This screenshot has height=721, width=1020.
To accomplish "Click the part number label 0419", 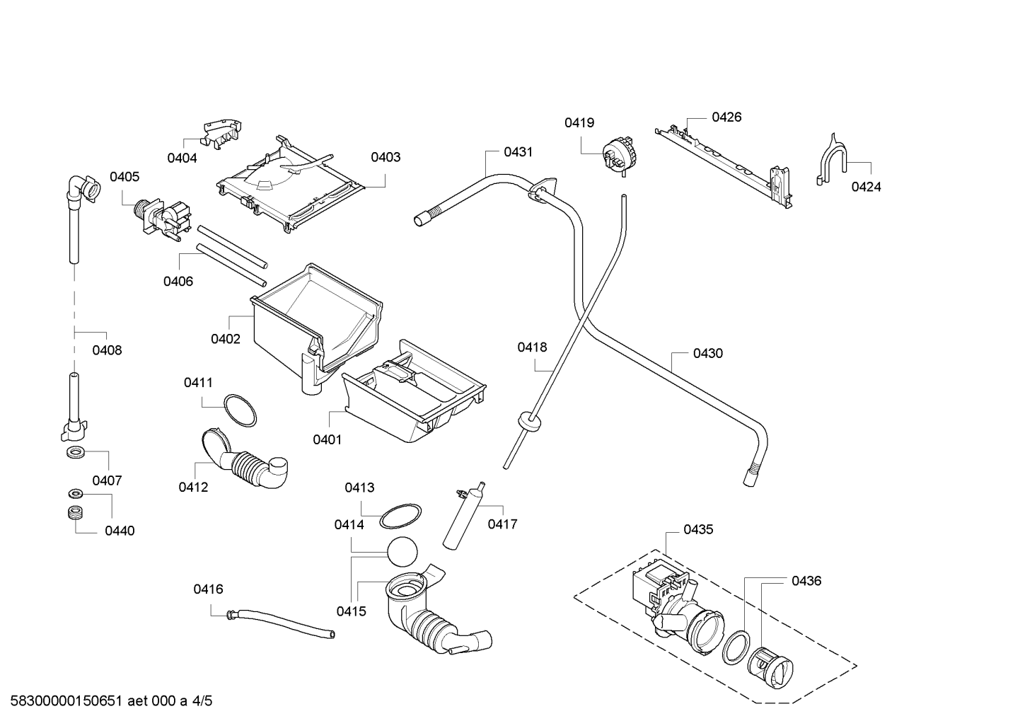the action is (579, 122).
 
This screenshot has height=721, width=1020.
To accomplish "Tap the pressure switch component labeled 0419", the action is (618, 156).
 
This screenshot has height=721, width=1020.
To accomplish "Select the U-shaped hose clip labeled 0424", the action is (832, 159).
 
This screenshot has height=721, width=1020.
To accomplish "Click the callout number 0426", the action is (726, 117).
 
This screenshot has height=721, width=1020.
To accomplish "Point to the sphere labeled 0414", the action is (402, 552).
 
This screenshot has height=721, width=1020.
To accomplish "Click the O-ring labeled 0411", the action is (240, 411).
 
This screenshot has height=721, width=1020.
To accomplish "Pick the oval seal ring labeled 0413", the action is (400, 517).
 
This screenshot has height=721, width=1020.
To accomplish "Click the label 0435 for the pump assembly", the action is (698, 529).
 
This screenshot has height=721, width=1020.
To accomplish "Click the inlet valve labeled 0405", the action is (162, 219).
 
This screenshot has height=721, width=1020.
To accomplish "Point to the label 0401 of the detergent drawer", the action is (327, 439).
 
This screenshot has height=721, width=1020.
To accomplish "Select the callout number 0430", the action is (707, 353).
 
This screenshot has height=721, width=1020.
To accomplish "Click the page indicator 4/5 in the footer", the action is (202, 701).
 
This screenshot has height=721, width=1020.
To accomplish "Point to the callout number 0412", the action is (193, 487).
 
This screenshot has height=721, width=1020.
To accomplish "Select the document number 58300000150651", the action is (66, 701).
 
